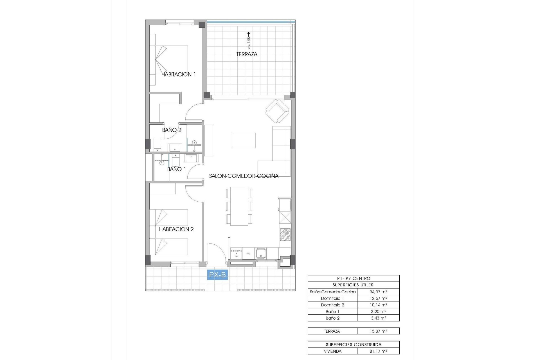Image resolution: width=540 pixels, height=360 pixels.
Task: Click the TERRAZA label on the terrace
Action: point(247,54)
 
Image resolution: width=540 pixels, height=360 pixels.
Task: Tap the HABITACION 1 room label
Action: point(178,75)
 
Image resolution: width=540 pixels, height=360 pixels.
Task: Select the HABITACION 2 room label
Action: point(176,229)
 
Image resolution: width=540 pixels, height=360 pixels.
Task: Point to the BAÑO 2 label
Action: point(172,130)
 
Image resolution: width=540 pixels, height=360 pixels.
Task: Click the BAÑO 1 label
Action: point(176,169)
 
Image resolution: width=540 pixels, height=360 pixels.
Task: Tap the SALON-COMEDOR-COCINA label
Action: point(244,176)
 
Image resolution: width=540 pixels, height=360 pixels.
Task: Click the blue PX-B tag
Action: point(217,275)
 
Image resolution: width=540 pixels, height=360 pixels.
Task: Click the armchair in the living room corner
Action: point(278,112)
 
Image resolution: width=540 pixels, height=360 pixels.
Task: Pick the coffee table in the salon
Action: point(244,140)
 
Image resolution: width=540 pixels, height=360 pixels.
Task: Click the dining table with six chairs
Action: point(239,206)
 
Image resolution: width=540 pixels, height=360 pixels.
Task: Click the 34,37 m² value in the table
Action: point(378,292)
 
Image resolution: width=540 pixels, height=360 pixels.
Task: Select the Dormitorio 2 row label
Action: point(332,305)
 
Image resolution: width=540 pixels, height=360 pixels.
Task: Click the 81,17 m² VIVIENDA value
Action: point(378,351)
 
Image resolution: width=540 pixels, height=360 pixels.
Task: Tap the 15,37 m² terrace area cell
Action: point(378,331)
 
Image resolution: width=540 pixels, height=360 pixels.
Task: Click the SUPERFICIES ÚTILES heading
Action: point(353,285)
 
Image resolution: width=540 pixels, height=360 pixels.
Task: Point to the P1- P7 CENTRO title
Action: point(353,278)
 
